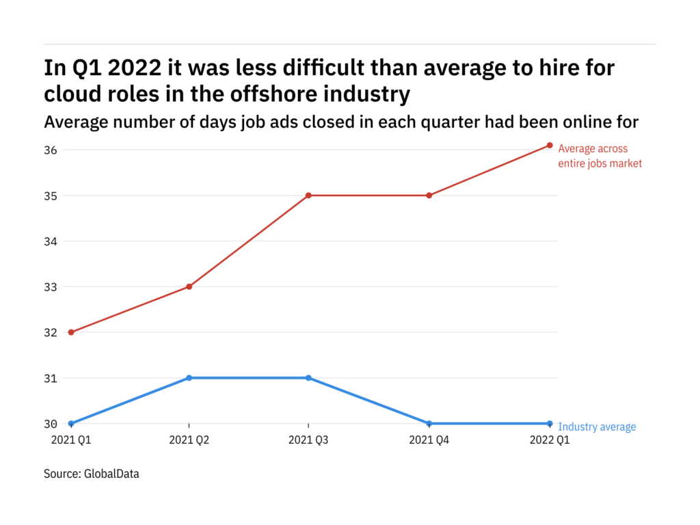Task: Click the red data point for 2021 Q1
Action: [71, 332]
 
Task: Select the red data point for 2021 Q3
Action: [308, 196]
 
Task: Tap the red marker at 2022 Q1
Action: [550, 145]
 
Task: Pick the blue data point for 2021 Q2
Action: [189, 378]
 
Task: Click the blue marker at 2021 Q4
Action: [429, 424]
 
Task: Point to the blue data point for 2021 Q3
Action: [308, 378]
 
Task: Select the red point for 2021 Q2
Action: [189, 286]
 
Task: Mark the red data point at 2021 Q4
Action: [429, 196]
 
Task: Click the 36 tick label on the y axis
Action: [52, 150]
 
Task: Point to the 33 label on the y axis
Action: [52, 286]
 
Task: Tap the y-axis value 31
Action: [52, 378]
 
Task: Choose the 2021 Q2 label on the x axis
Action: [189, 441]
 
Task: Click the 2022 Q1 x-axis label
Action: [550, 441]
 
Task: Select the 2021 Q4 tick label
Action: [429, 441]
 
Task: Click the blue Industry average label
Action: [597, 427]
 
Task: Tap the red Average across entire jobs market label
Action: [600, 156]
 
